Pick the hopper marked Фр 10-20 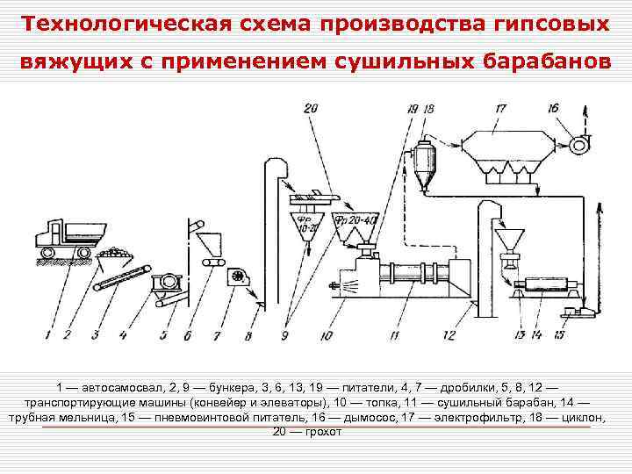309,223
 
